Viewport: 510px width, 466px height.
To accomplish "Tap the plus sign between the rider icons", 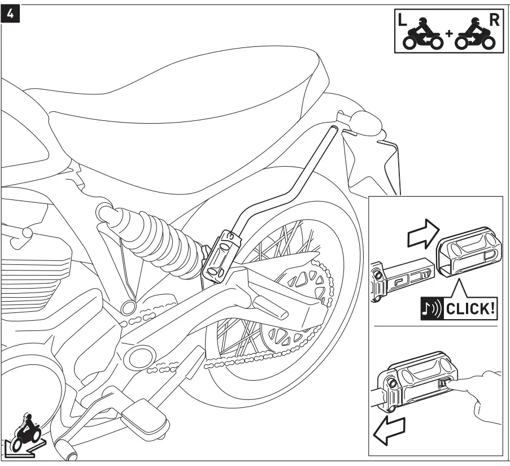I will [x=449, y=34].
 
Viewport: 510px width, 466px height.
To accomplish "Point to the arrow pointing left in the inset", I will [x=389, y=431].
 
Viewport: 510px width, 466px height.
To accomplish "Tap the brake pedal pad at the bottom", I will [x=143, y=415].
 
